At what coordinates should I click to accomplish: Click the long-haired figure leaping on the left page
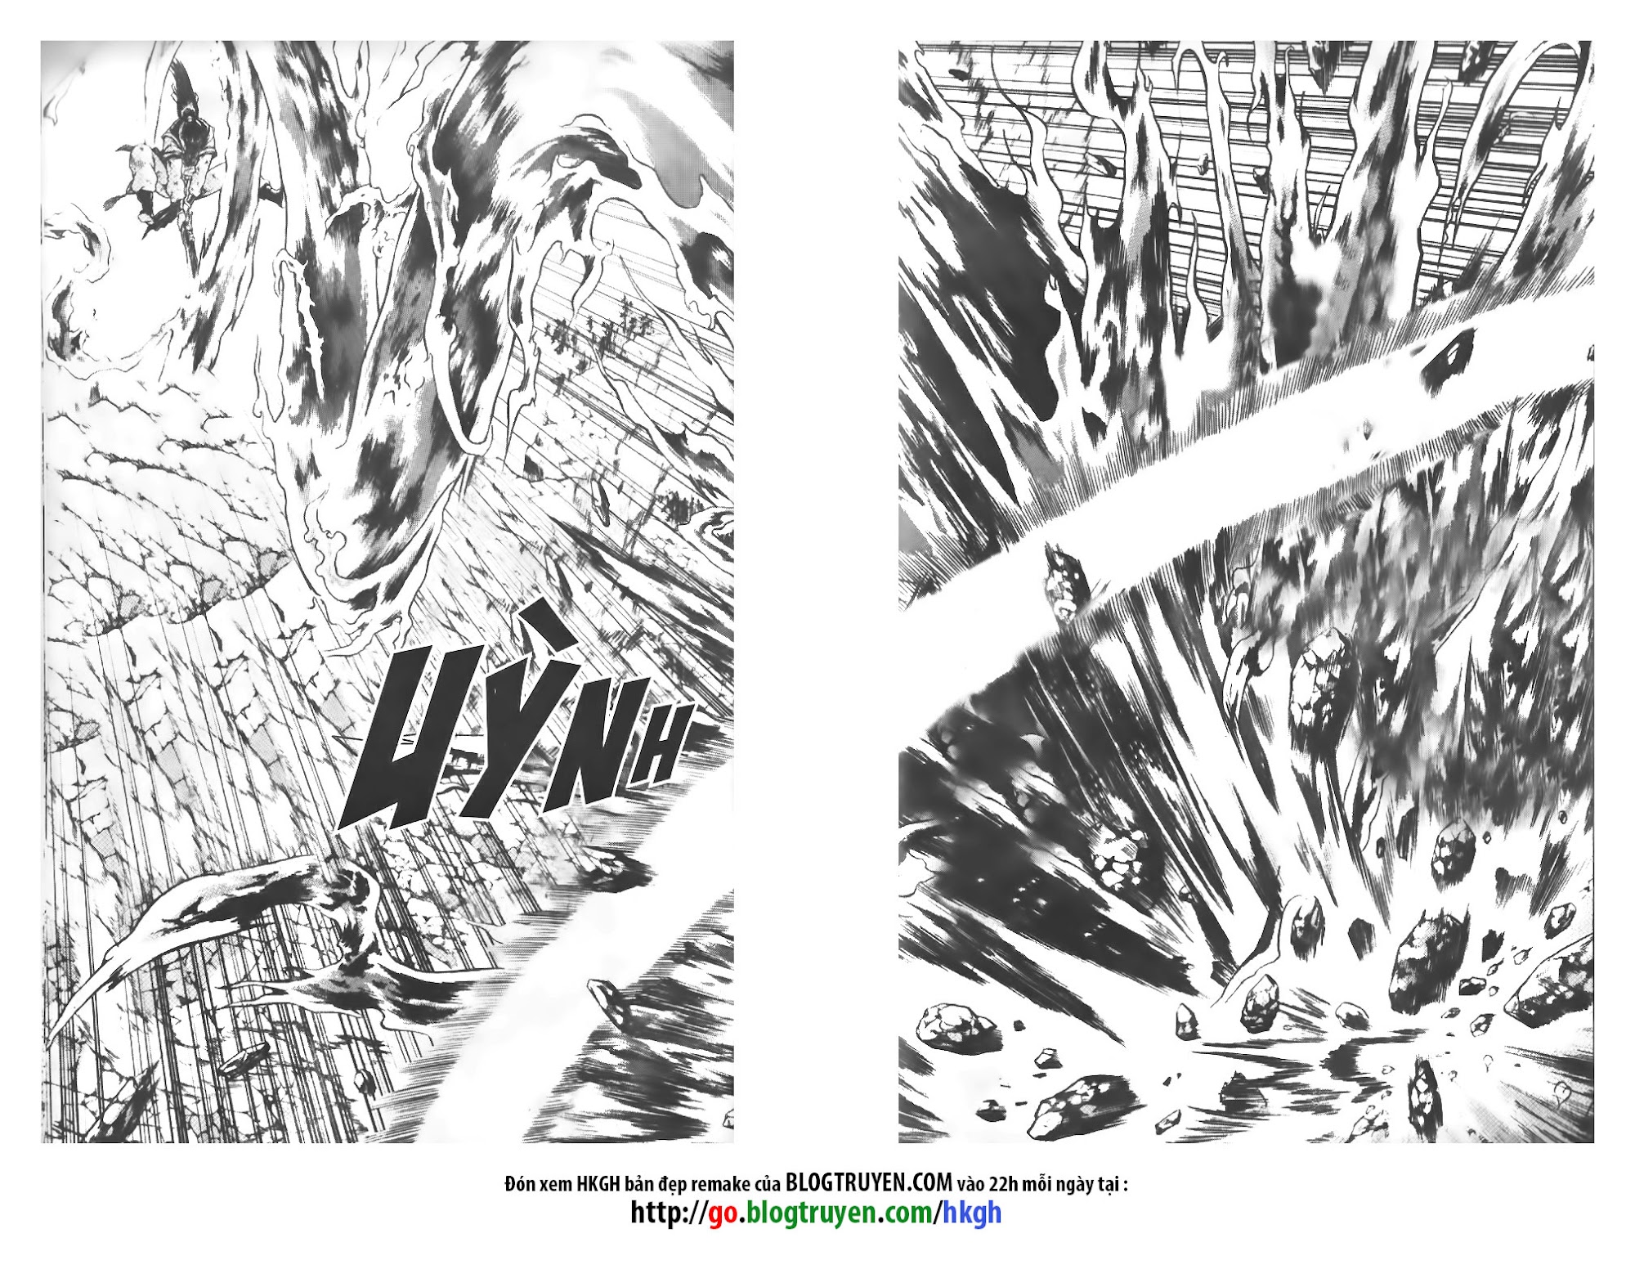(168, 164)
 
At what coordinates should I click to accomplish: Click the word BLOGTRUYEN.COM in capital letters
(869, 1182)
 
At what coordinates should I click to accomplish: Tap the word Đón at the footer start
(520, 1183)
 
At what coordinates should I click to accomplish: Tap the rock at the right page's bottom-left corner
(944, 1022)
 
